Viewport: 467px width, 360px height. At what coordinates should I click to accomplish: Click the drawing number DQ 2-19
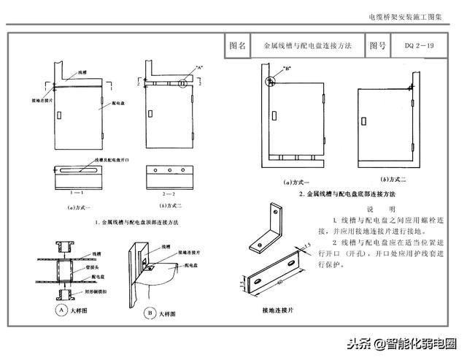[420, 45]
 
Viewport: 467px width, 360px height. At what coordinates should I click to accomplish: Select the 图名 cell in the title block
[238, 45]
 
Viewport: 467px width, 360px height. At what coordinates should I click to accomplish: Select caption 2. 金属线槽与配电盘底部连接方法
[347, 194]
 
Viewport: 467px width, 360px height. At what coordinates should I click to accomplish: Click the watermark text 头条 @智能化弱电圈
[401, 342]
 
